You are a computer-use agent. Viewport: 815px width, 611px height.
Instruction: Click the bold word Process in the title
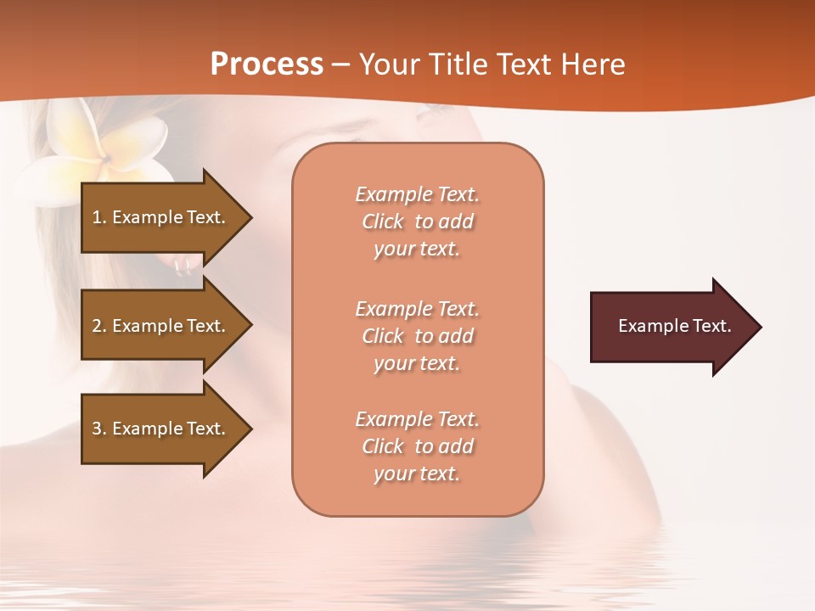(267, 64)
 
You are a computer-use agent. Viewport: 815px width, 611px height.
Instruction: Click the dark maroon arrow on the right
(671, 327)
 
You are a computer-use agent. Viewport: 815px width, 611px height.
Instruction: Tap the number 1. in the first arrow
(99, 217)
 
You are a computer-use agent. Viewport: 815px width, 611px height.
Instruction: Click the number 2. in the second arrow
(99, 326)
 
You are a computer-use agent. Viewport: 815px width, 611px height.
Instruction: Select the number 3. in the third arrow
(99, 429)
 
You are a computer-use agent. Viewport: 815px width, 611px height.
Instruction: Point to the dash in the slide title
(341, 64)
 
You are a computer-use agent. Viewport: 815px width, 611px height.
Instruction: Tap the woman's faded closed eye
(357, 136)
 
